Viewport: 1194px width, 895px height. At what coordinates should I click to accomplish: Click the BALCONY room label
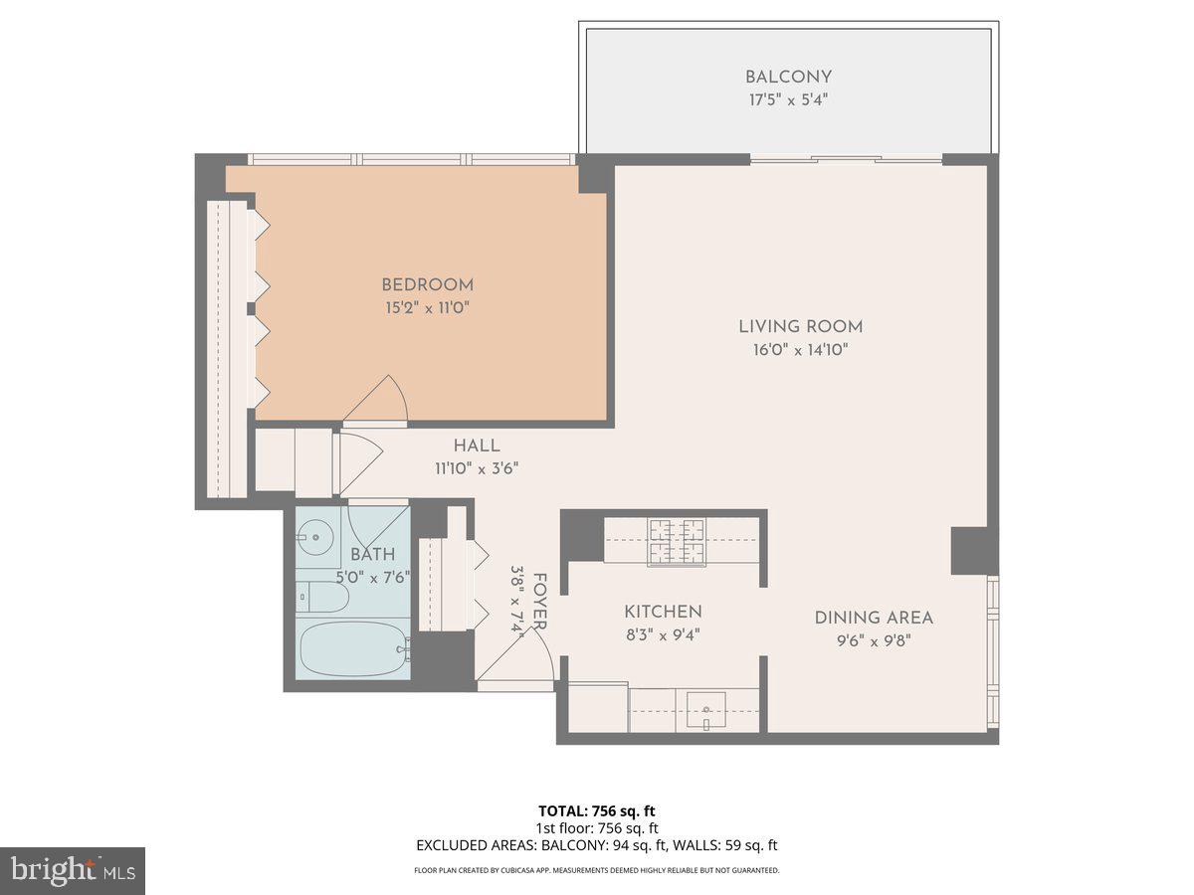click(x=788, y=77)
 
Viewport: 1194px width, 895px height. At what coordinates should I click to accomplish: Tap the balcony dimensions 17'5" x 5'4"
click(x=788, y=99)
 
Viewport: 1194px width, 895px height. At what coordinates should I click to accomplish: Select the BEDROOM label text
click(x=427, y=285)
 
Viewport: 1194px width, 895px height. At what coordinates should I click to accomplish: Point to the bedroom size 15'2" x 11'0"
click(x=427, y=308)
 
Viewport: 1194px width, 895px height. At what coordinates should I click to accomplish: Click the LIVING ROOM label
click(x=800, y=326)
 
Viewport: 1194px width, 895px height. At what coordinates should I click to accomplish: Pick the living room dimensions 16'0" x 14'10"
click(x=800, y=350)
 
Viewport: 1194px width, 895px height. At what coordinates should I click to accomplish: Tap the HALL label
click(x=477, y=446)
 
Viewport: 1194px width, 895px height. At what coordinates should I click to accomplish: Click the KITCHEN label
click(x=663, y=612)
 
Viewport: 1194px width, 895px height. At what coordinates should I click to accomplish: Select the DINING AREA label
click(x=874, y=618)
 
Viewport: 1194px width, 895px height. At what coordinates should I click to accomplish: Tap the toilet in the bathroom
click(x=322, y=597)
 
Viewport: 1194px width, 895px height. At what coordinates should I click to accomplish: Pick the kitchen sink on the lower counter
click(x=704, y=709)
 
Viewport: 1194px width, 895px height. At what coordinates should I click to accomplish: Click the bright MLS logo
click(x=73, y=871)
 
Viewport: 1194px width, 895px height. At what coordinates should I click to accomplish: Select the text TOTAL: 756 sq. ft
click(x=597, y=810)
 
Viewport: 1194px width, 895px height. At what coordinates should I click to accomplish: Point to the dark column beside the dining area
click(x=971, y=551)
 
